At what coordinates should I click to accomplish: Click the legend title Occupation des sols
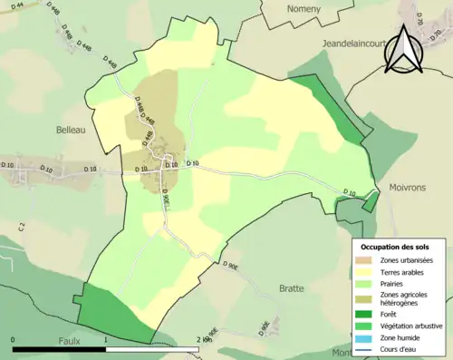coord(395,247)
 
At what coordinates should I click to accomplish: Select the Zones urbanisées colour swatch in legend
coord(365,260)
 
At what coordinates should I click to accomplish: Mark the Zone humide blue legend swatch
coord(365,336)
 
